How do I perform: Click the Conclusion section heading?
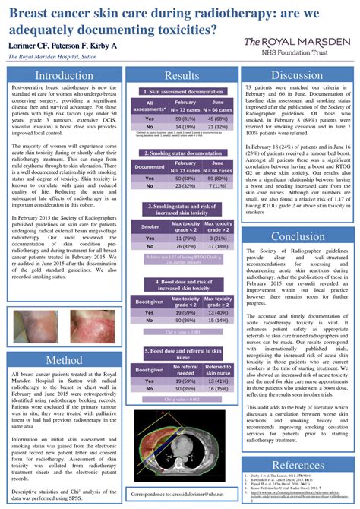click(x=298, y=236)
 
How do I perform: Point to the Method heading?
click(x=63, y=359)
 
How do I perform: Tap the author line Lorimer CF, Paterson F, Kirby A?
click(x=62, y=46)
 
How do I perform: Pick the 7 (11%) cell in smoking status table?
click(x=218, y=185)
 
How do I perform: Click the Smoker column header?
click(x=150, y=226)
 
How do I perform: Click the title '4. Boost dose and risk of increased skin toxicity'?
click(x=182, y=285)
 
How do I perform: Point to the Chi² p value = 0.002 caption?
click(x=182, y=397)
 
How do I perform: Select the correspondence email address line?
click(x=182, y=494)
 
